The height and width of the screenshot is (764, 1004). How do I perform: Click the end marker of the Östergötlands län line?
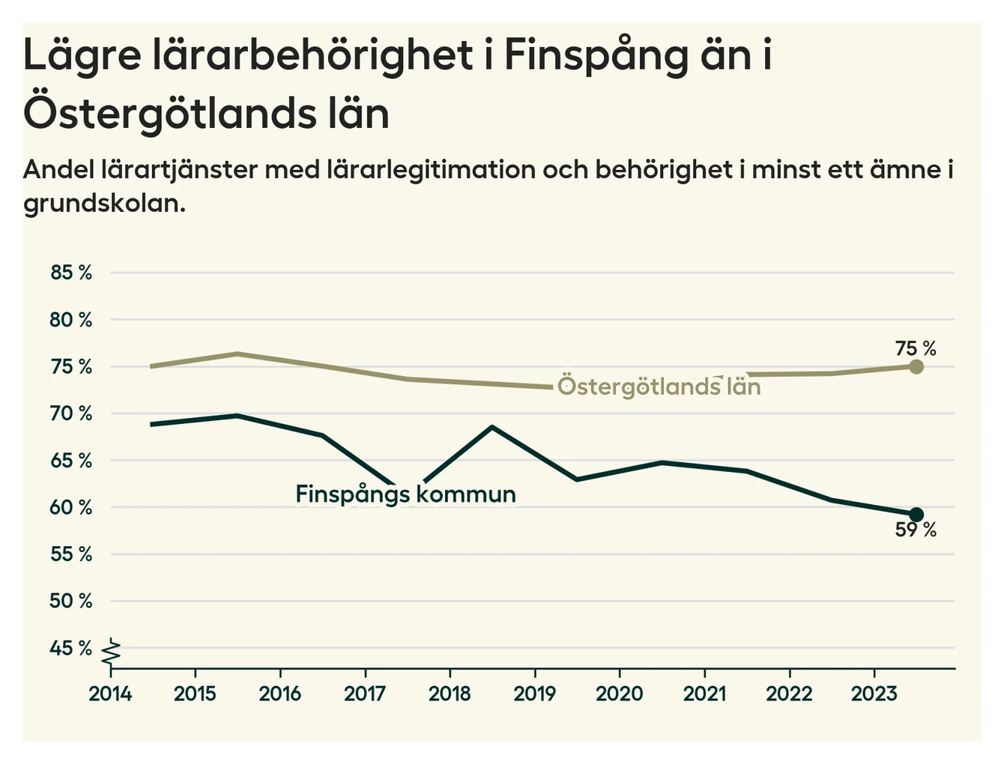click(916, 367)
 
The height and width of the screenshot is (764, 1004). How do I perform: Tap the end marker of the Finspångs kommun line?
click(916, 515)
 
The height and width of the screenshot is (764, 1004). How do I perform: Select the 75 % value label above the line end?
click(916, 349)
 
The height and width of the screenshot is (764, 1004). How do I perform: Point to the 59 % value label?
click(916, 530)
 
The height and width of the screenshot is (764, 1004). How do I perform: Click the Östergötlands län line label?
click(659, 386)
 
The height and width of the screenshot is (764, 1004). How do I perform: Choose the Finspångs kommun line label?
click(405, 494)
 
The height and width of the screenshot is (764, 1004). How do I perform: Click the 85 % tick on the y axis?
click(71, 273)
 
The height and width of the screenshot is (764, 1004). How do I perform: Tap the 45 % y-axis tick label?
click(71, 648)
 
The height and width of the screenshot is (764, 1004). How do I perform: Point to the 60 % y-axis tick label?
click(71, 508)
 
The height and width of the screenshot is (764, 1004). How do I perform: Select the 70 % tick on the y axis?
click(71, 413)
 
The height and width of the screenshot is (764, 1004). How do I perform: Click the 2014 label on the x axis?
click(110, 694)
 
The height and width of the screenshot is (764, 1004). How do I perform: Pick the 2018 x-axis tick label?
click(450, 694)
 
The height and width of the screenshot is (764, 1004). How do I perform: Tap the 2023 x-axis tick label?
click(874, 694)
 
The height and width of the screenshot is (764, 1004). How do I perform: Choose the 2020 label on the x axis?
click(620, 694)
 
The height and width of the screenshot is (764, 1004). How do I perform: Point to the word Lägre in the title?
click(82, 56)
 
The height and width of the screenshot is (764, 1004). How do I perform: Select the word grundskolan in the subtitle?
click(104, 203)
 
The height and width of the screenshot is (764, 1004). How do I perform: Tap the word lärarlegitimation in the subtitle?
click(430, 170)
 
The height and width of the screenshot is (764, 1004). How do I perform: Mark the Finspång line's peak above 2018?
click(492, 427)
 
